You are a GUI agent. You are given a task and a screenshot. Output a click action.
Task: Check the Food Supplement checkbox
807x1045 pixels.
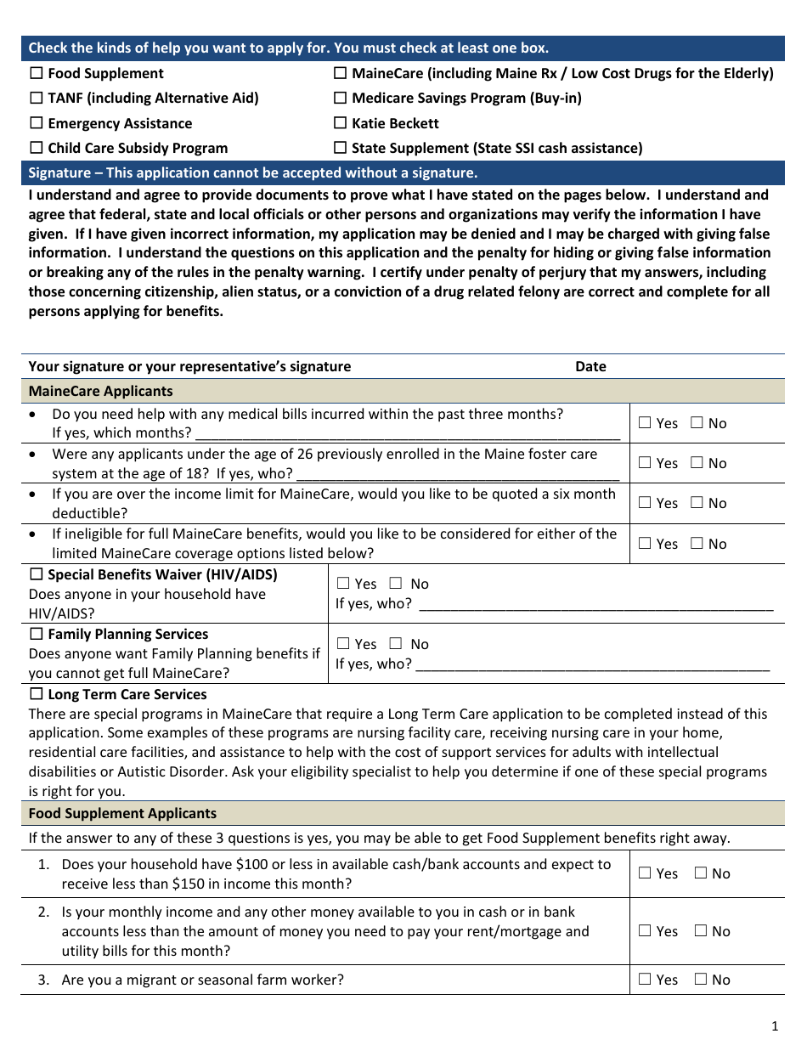click(x=37, y=74)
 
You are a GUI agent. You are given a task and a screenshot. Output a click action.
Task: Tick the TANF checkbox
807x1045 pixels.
click(x=37, y=99)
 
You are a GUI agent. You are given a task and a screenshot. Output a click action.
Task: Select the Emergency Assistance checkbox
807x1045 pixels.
click(x=37, y=124)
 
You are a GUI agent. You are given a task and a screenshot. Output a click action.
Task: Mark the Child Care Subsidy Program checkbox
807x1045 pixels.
click(x=37, y=149)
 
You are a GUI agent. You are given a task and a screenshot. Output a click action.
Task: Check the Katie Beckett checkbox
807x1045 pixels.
click(x=341, y=124)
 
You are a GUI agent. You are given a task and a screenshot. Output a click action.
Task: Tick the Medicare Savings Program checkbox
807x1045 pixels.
click(x=341, y=99)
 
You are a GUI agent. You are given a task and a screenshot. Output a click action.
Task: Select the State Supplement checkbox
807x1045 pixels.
click(x=341, y=149)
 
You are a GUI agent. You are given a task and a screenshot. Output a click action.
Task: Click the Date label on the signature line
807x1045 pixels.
click(x=590, y=367)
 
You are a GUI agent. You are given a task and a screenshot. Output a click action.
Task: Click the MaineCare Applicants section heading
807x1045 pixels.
click(x=100, y=392)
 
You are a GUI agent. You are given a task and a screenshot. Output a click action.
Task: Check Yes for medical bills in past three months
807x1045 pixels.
click(x=645, y=423)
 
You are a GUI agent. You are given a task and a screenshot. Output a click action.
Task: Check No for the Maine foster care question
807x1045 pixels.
click(x=697, y=463)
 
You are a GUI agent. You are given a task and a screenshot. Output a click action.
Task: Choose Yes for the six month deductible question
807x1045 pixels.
click(x=645, y=503)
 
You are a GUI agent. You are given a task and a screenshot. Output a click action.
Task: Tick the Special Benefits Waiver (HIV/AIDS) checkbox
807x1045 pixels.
click(x=37, y=575)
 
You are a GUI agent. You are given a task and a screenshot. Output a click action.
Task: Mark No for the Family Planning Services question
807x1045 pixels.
click(x=396, y=644)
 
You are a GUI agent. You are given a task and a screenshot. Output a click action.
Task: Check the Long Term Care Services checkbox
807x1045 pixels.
click(x=37, y=695)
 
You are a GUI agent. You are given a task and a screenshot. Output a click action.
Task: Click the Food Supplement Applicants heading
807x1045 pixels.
click(x=122, y=814)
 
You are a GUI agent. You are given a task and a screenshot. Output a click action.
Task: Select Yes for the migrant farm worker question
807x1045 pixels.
click(x=645, y=980)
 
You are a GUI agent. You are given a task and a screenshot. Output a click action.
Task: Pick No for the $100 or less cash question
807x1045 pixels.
click(x=701, y=873)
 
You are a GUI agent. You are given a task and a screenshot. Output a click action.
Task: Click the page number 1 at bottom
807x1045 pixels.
click(x=775, y=1025)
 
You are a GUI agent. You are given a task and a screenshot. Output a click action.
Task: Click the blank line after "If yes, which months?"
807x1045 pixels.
click(x=408, y=433)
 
